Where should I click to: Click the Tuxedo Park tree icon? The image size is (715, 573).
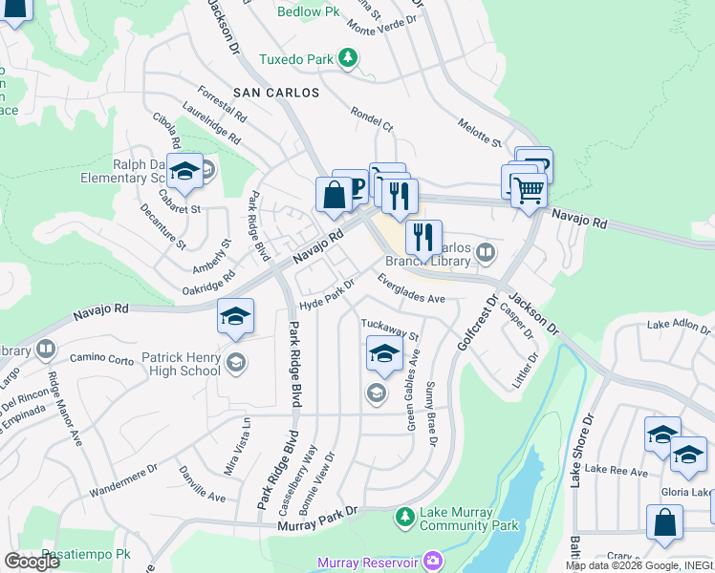[349, 59]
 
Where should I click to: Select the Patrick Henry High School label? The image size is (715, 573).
[181, 364]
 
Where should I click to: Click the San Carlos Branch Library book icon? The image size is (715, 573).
[487, 252]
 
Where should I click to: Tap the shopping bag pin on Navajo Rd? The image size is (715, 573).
[334, 195]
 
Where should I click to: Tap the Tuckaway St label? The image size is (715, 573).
[390, 329]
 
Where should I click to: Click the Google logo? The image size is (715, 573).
[32, 562]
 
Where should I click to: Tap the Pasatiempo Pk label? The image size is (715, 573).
[85, 555]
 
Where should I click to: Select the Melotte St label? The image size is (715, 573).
[479, 133]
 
